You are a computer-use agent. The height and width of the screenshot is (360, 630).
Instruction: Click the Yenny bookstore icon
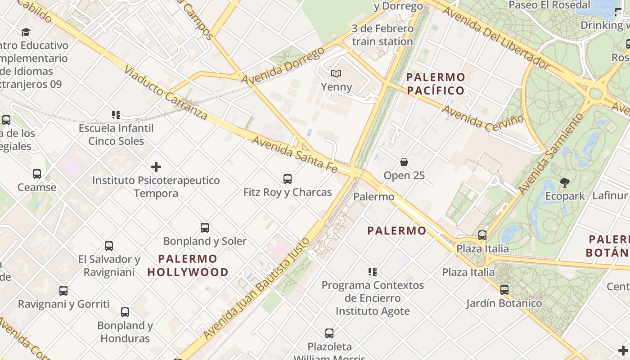click(336, 73)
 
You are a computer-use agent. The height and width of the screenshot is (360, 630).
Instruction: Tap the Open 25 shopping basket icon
click(404, 162)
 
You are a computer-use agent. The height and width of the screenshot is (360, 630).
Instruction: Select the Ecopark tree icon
click(565, 182)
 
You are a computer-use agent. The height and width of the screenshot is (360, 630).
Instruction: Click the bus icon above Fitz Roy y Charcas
click(288, 179)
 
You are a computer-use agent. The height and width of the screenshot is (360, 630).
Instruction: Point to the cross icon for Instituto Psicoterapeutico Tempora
click(156, 167)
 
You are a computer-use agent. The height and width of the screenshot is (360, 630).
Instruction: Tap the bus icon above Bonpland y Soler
click(205, 228)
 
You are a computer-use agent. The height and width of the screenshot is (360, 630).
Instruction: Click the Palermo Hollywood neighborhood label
click(188, 265)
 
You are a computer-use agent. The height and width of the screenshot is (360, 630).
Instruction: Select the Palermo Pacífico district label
click(436, 84)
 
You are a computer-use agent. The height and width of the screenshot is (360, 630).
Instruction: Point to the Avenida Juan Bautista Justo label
click(257, 288)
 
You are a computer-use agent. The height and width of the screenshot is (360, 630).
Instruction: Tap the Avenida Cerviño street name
click(483, 118)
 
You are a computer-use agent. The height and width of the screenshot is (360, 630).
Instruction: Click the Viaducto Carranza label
click(165, 94)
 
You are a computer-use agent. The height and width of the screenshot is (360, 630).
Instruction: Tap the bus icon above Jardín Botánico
click(504, 290)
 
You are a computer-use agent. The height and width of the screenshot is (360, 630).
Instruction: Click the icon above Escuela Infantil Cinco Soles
click(116, 115)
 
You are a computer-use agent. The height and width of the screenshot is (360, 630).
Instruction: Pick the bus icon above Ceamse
click(37, 174)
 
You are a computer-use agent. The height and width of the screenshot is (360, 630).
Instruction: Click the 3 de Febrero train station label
click(382, 35)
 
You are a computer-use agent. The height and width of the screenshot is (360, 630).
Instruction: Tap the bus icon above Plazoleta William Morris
click(329, 333)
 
